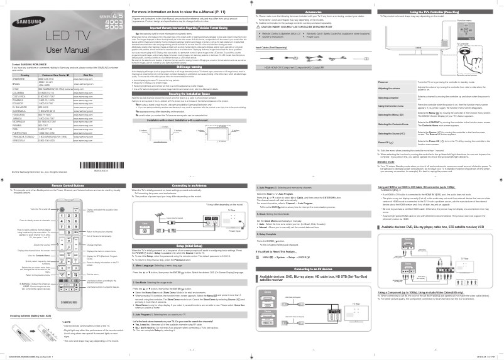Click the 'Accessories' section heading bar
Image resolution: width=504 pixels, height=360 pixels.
[x=313, y=13]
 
